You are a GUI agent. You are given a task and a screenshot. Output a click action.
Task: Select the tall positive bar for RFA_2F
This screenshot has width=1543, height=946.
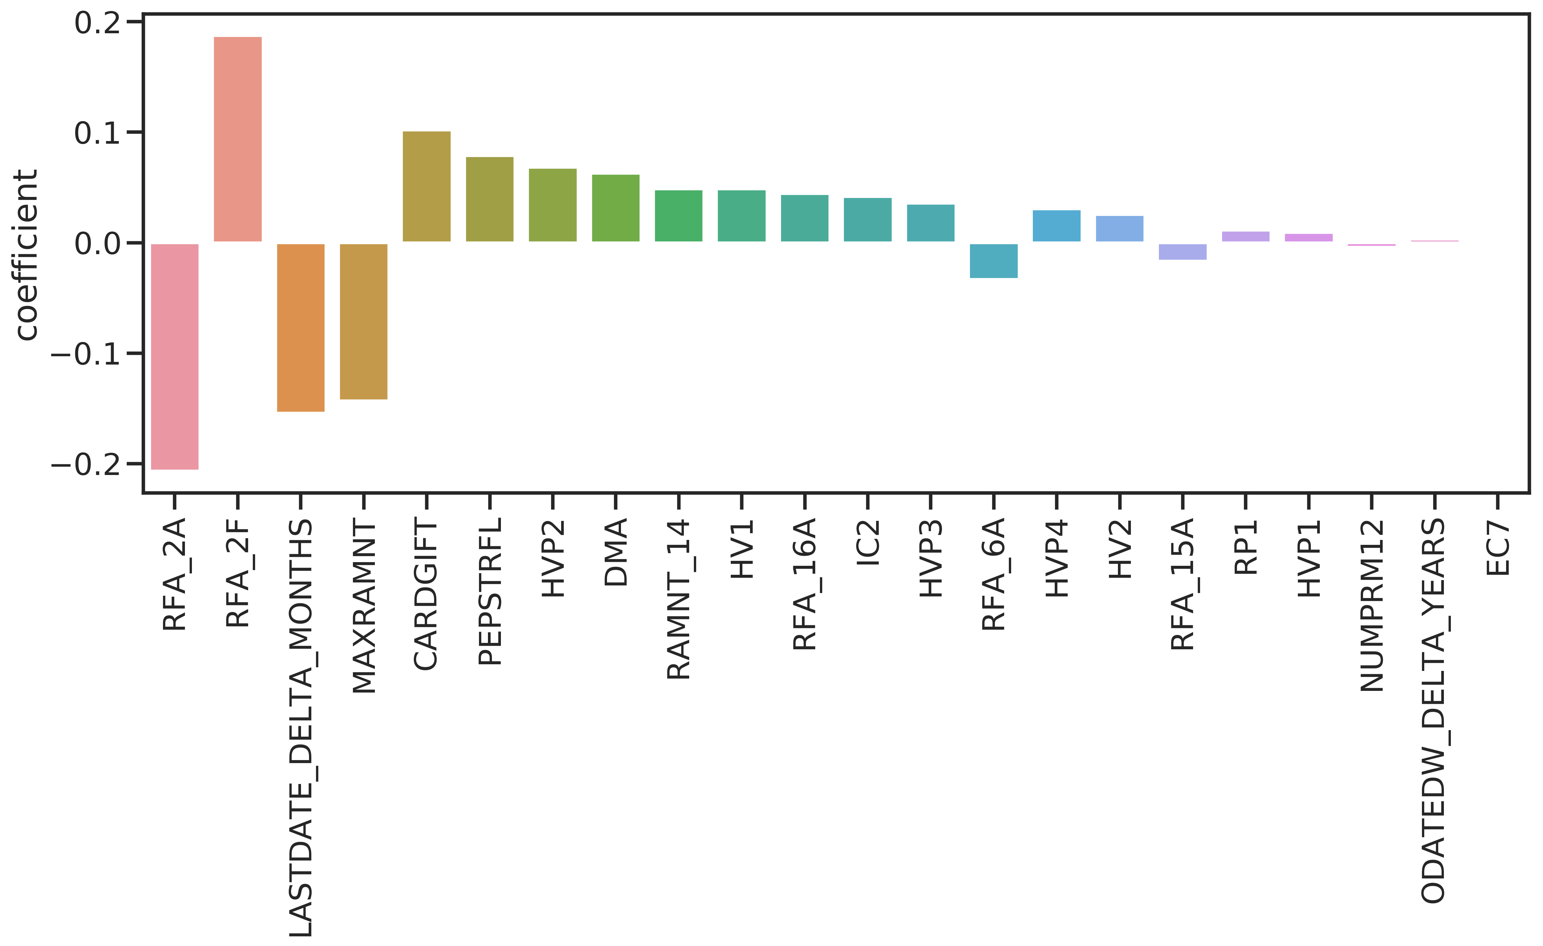[237, 139]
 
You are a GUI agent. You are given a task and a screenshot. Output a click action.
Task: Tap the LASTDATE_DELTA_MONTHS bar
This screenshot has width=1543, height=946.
[301, 327]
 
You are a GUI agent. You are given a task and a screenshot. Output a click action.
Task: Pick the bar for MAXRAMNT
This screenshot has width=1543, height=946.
[363, 321]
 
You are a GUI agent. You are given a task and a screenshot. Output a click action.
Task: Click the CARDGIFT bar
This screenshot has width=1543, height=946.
[426, 187]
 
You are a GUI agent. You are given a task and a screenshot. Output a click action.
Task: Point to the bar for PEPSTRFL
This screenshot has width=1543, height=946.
[490, 199]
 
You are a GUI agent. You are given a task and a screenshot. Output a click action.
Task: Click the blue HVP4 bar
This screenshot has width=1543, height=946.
[1056, 226]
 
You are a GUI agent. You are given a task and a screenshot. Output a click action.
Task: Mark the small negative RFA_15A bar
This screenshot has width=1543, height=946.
[1182, 252]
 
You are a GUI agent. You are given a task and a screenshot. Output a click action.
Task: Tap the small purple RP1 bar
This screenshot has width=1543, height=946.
[1246, 236]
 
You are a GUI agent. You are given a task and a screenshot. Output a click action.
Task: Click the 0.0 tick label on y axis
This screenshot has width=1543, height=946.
[97, 243]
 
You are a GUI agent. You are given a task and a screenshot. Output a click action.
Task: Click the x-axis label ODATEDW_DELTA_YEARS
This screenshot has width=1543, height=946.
[1434, 710]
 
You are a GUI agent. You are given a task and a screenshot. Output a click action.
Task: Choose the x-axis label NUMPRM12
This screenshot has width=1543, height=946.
[1371, 605]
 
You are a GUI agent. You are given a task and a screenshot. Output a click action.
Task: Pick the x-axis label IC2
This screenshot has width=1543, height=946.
[868, 543]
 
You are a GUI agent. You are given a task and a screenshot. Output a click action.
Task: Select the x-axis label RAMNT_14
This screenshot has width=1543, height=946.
[678, 599]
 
